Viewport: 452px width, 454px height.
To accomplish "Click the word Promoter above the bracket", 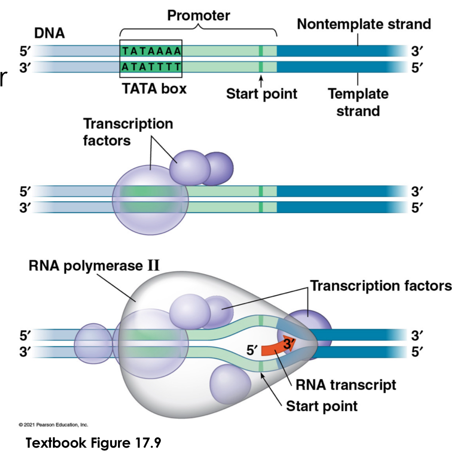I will pyautogui.click(x=198, y=15).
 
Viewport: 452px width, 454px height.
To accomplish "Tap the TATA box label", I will pyautogui.click(x=154, y=88).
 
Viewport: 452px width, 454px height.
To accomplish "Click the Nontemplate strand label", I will pyautogui.click(x=364, y=24).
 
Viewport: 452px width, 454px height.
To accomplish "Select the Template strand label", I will pyautogui.click(x=358, y=102).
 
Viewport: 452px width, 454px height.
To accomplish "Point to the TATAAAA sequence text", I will pyautogui.click(x=151, y=51).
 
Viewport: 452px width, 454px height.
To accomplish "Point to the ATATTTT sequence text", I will pyautogui.click(x=151, y=67).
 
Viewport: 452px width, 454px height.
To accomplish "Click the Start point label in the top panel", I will pyautogui.click(x=262, y=94).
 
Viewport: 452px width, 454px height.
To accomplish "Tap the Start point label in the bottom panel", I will pyautogui.click(x=322, y=406).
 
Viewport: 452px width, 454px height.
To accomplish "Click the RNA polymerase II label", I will pyautogui.click(x=94, y=265).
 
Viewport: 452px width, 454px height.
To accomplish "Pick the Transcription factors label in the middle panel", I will pyautogui.click(x=128, y=132).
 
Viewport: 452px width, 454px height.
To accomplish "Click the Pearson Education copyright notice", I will pyautogui.click(x=53, y=425).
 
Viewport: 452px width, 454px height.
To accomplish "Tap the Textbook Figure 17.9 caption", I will pyautogui.click(x=94, y=443).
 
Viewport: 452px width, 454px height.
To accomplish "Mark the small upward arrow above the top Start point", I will pyautogui.click(x=261, y=80).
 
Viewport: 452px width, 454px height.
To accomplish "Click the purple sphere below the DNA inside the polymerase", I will pyautogui.click(x=228, y=383).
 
